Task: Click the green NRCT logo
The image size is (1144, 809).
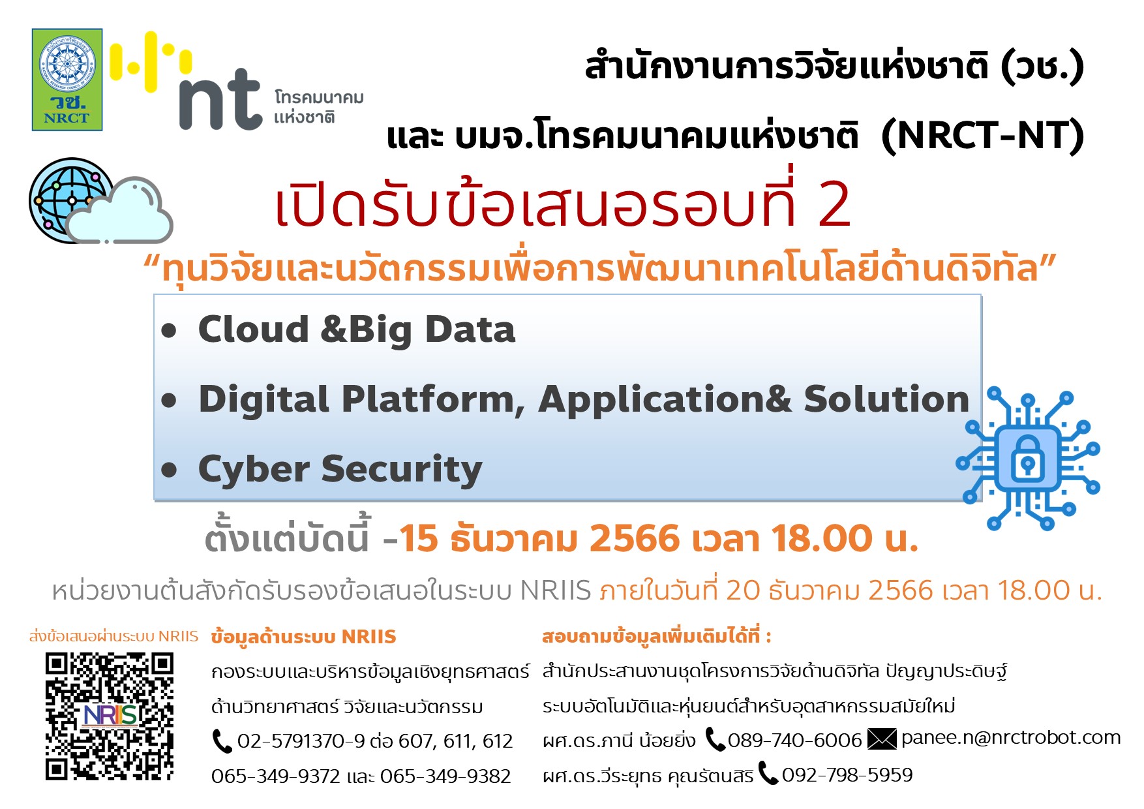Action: click(67, 80)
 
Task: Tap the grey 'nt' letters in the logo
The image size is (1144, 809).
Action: click(220, 99)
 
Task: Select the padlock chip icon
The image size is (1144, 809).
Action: click(1028, 459)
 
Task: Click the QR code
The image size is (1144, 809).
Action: click(109, 716)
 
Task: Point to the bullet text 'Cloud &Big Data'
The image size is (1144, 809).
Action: click(356, 329)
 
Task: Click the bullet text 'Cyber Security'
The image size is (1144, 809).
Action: click(340, 469)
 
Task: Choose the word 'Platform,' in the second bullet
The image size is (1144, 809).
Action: click(432, 399)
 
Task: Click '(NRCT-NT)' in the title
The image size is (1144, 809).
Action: click(982, 136)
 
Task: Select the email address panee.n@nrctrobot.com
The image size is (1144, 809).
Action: click(1010, 738)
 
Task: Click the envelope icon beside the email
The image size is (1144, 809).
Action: click(882, 739)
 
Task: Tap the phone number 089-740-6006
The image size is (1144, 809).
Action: click(794, 740)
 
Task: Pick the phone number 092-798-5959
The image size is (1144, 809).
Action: click(847, 775)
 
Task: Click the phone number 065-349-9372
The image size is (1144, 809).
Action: click(275, 776)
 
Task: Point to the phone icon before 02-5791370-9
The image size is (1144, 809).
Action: click(222, 741)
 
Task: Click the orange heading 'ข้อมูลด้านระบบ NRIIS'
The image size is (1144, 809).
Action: click(303, 637)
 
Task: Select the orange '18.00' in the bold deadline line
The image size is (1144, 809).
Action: click(822, 540)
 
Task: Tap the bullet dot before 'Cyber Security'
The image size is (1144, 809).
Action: click(170, 470)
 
